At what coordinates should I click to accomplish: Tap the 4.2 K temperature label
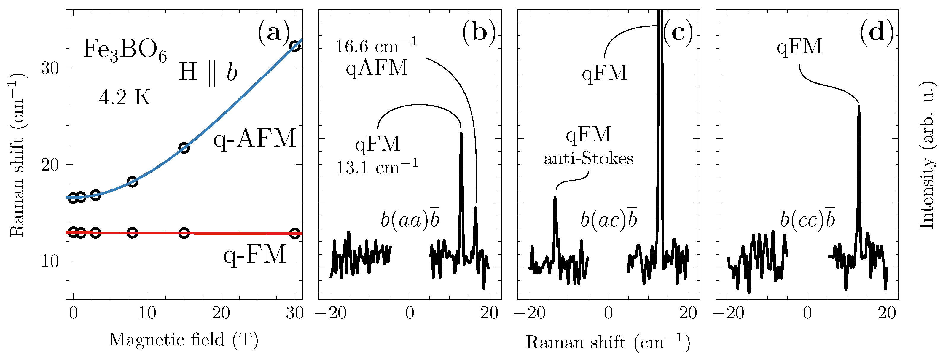click(x=125, y=98)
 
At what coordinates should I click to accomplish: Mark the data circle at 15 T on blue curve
click(x=184, y=148)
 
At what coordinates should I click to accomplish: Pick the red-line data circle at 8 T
click(x=133, y=232)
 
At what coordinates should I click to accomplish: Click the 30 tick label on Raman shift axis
click(x=50, y=68)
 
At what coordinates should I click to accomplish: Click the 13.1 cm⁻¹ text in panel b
click(x=377, y=167)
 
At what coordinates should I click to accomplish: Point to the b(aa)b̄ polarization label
click(x=410, y=219)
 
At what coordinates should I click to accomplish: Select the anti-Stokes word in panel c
click(x=589, y=159)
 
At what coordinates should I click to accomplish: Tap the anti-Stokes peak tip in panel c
click(x=555, y=197)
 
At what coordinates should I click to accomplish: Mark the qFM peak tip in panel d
click(x=859, y=106)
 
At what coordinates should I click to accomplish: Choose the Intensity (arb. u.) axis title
click(x=927, y=155)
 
